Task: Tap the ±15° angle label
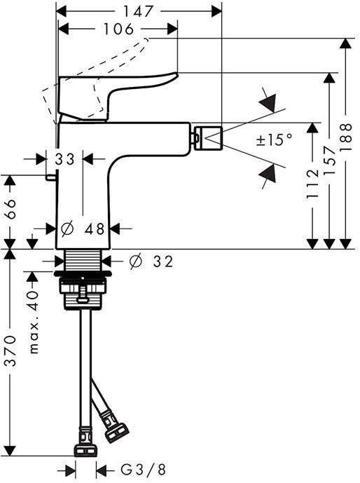coord(274,140)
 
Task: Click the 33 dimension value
coord(65,159)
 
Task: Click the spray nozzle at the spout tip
coord(207,135)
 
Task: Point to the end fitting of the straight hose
coord(85,447)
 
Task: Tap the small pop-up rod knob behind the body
coord(50,178)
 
